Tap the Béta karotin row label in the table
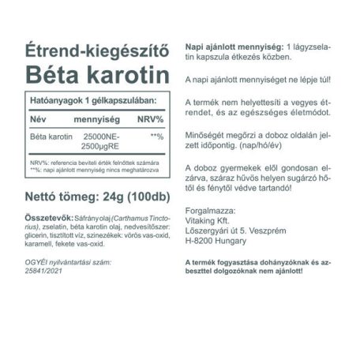[x=47, y=137]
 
